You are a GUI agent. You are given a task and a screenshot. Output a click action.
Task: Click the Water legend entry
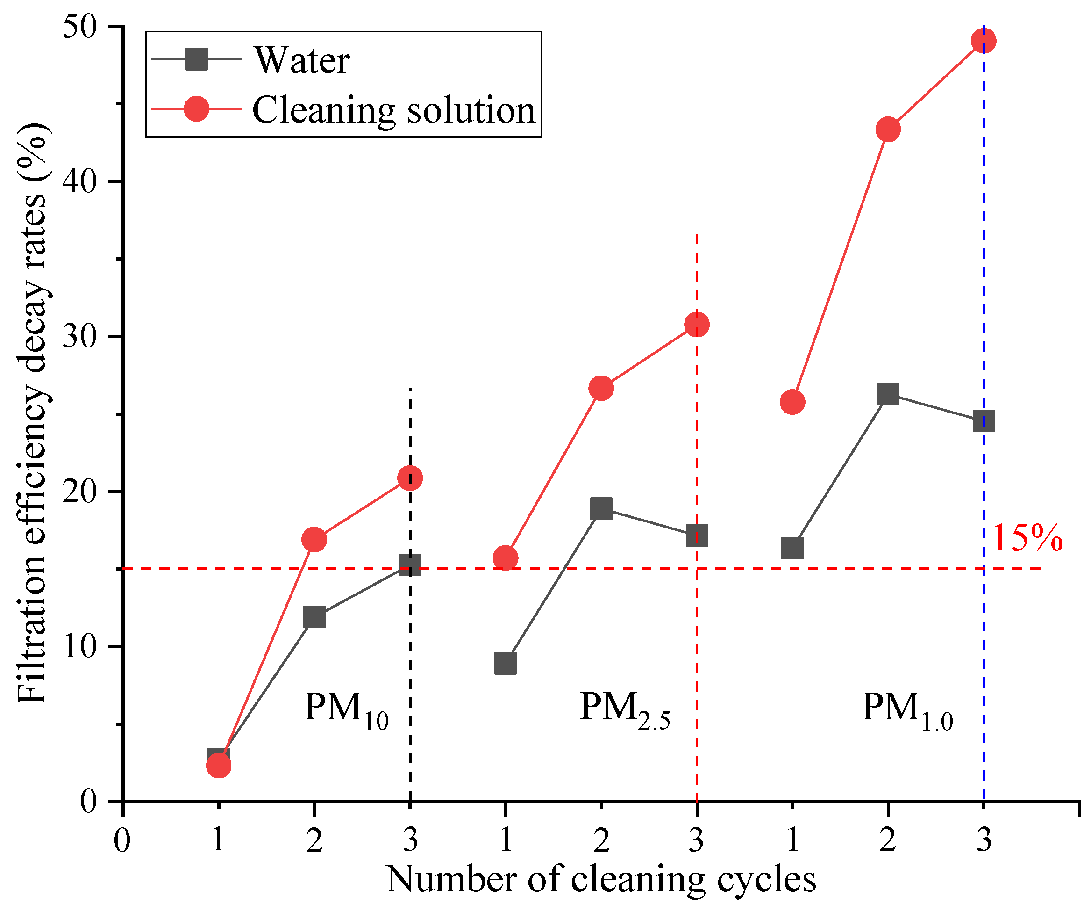pos(301,60)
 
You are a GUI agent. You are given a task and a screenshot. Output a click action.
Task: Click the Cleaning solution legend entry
pos(393,110)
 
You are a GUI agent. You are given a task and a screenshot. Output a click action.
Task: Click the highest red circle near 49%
pos(984,41)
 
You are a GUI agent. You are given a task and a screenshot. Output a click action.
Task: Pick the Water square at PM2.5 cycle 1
pos(506,664)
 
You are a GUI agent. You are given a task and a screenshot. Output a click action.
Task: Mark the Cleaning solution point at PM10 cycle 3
pos(410,478)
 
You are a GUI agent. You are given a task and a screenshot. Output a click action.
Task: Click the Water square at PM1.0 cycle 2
pos(888,395)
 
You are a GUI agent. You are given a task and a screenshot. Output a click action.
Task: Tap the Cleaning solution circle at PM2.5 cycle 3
pos(697,325)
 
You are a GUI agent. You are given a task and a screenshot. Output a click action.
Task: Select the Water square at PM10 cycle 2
pos(314,617)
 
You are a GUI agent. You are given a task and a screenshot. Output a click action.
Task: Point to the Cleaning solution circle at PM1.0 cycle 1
pos(792,402)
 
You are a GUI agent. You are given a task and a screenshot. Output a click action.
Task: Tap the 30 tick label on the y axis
pos(80,337)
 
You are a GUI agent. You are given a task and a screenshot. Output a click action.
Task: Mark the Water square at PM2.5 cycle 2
pos(601,508)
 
